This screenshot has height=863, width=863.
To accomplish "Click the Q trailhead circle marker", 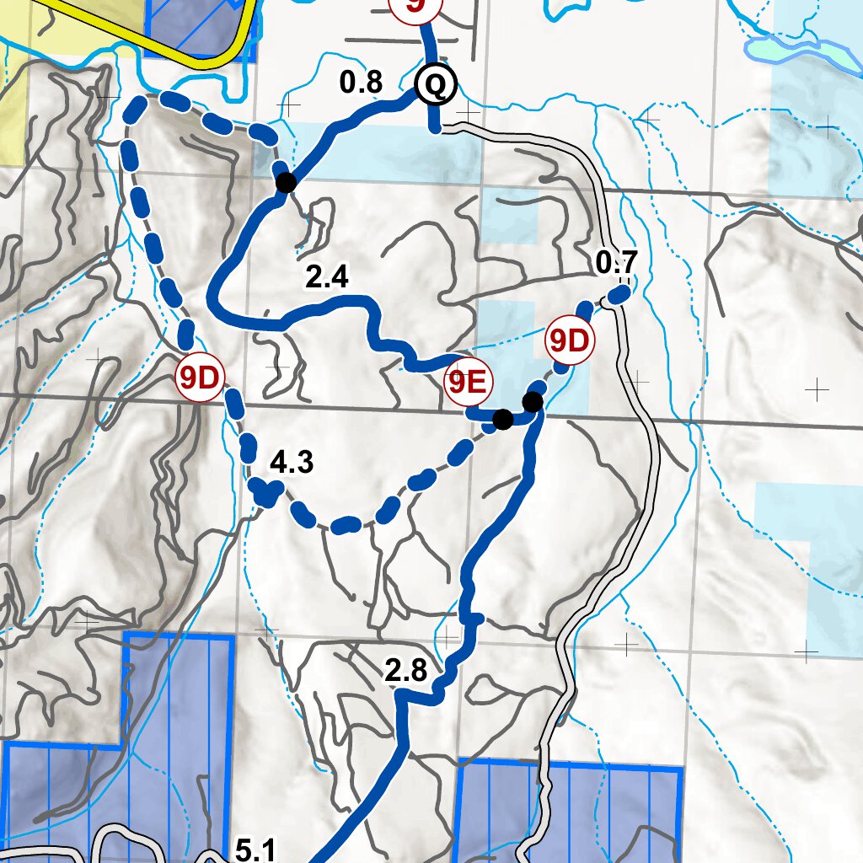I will [x=436, y=84].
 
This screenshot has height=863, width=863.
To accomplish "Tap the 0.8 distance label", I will [x=361, y=83].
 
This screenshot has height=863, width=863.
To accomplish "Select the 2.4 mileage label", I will [x=327, y=277].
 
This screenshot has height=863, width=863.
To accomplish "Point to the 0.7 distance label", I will [x=615, y=264].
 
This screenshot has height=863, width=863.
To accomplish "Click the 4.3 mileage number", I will [x=291, y=463].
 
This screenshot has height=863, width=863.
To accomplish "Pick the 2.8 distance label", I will [x=407, y=671].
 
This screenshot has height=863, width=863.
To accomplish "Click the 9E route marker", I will [x=467, y=383].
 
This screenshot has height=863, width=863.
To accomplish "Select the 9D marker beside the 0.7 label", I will [x=570, y=341].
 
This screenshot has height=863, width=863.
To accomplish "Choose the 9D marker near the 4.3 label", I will [x=199, y=379].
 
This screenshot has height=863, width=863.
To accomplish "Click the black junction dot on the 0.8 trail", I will [x=286, y=181].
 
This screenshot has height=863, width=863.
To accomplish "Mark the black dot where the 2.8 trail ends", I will [x=533, y=401].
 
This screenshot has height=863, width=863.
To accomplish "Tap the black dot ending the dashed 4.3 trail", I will [x=502, y=419].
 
